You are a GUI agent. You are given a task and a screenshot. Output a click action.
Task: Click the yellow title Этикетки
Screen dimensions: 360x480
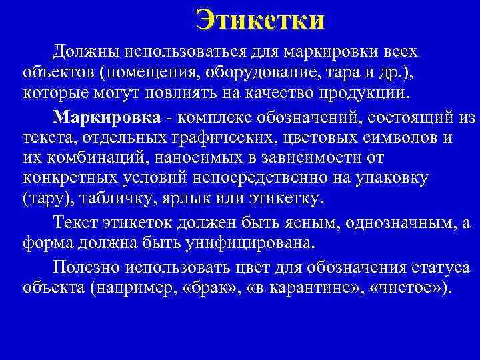pos(261,20)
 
